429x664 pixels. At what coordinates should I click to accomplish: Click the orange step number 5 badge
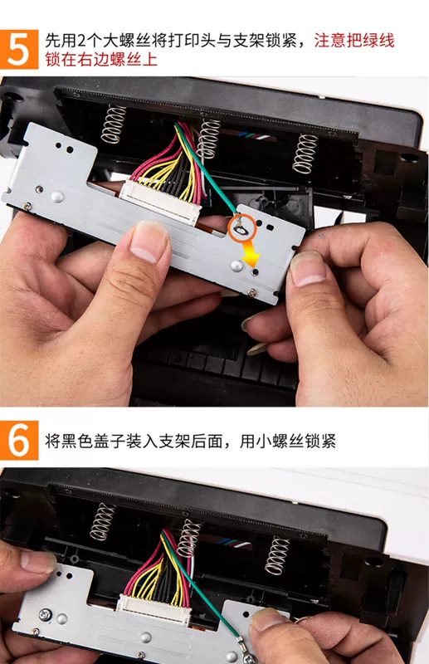coord(19,49)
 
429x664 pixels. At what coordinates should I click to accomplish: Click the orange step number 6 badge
coord(19,441)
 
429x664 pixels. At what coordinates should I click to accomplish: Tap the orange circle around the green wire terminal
coord(242,227)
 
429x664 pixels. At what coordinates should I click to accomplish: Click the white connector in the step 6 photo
coord(154,609)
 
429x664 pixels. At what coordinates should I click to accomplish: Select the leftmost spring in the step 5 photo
coord(113,124)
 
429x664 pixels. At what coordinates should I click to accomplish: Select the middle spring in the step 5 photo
coord(209,139)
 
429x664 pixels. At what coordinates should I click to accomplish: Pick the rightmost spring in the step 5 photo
coord(305,154)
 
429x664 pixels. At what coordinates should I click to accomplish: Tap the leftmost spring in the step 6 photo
coord(103,521)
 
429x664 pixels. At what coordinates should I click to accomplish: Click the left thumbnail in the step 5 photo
coord(148,242)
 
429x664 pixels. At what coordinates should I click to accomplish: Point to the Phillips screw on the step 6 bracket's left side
coord(46,614)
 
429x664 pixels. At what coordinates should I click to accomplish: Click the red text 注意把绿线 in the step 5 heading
coord(354,41)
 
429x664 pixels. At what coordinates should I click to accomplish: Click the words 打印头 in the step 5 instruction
coord(193,41)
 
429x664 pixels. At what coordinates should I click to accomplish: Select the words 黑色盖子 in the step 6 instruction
coord(93,442)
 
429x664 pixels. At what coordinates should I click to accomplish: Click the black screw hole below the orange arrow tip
coord(255,272)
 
